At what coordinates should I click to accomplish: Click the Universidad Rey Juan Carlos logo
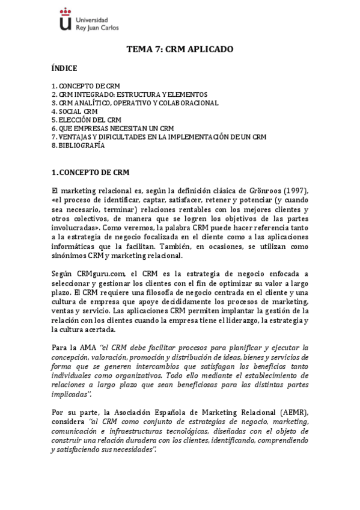[x=90, y=19]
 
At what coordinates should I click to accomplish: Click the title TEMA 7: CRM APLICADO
[x=180, y=49]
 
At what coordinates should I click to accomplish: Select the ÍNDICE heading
[x=64, y=69]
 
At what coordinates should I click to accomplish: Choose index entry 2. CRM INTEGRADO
[x=129, y=94]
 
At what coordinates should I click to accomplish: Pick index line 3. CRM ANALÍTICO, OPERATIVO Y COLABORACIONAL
[x=135, y=103]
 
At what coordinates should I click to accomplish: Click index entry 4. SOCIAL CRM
[x=75, y=111]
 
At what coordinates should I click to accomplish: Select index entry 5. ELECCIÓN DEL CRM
[x=87, y=120]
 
